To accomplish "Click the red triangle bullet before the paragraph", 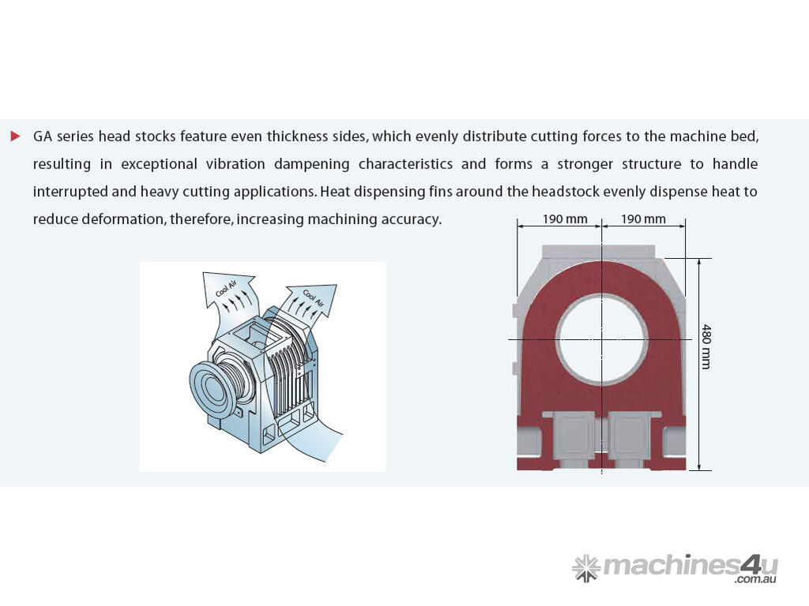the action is (x=16, y=136).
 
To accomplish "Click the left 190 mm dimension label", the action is (x=565, y=219).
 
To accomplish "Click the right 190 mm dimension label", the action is (x=643, y=219).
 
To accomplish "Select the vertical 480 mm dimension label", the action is (x=706, y=346).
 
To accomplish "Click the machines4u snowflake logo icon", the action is (x=585, y=568).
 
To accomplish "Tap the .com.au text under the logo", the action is (x=756, y=580).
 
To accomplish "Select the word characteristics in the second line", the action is (x=405, y=164).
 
